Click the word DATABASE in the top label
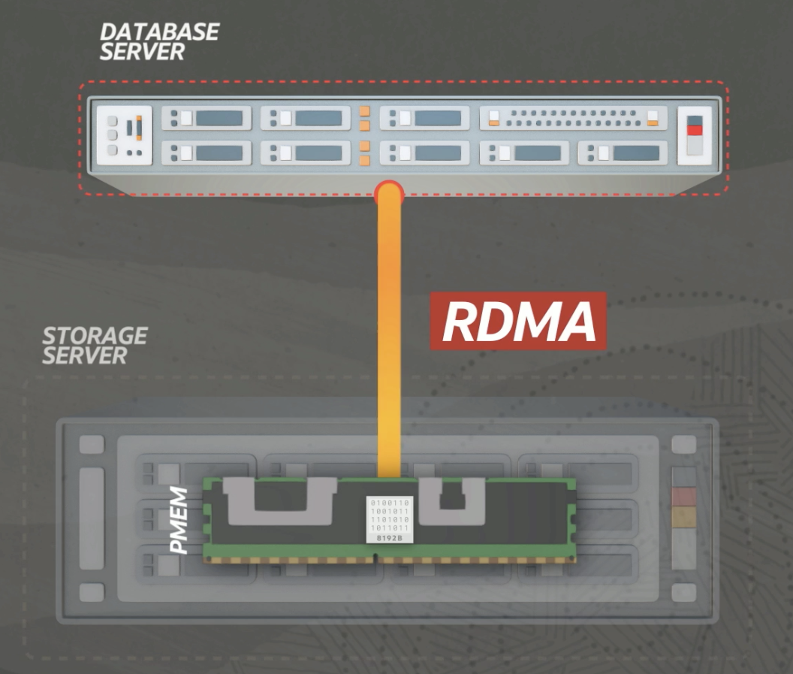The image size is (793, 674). pos(159,32)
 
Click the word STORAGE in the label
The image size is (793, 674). pos(95,335)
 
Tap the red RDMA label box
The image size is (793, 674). pos(518,322)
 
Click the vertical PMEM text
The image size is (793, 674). pos(179,519)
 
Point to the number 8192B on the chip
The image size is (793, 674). pos(389,538)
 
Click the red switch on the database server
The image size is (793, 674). pos(695,130)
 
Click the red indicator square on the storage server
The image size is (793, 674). pos(683,496)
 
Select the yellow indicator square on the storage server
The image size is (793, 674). pos(683,515)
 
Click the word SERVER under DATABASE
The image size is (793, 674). pos(143,52)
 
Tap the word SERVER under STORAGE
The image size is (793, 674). pos(85,355)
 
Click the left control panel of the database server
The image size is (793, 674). pos(124,135)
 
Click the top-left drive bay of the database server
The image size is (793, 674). pos(207,118)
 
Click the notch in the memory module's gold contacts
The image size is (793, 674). pos(375,558)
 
